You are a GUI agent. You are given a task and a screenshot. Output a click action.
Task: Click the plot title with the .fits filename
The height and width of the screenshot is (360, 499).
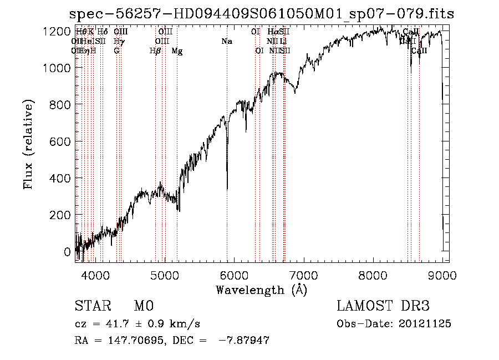click(x=261, y=14)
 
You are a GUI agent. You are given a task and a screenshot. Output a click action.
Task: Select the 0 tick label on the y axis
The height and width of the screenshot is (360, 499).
click(x=68, y=252)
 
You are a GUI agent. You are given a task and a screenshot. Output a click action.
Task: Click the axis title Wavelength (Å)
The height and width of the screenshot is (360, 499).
click(x=261, y=290)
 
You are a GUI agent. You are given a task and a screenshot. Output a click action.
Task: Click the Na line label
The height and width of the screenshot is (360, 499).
click(x=227, y=42)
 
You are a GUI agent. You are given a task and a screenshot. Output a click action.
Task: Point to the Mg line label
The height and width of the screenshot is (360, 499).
click(x=177, y=51)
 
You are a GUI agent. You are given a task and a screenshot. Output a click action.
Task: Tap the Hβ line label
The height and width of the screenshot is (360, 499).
click(x=155, y=51)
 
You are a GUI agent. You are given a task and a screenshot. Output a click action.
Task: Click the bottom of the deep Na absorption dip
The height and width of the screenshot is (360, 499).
click(x=227, y=189)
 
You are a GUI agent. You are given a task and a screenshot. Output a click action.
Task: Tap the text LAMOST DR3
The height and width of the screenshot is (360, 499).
click(x=383, y=306)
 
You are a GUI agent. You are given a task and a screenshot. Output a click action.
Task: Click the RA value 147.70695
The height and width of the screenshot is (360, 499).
click(x=131, y=341)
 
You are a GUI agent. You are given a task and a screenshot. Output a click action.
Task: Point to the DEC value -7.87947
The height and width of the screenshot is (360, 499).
click(x=244, y=341)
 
